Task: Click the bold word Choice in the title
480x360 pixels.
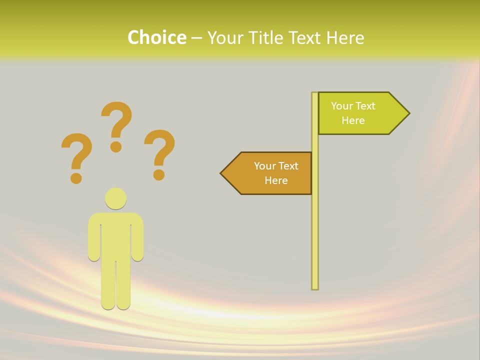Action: pos(156,37)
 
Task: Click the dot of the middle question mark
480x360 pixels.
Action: pos(116,146)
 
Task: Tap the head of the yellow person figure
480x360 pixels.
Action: pos(115,198)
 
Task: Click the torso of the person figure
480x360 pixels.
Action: pos(115,235)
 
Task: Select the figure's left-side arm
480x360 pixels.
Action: pos(94,240)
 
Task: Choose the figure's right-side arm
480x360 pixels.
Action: pos(137,240)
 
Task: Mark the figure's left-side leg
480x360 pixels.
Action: pos(108,285)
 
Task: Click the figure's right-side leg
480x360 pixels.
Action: pos(123,285)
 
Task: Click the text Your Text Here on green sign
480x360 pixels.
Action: pos(353,113)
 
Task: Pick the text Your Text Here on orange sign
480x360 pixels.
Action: pos(276,173)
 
